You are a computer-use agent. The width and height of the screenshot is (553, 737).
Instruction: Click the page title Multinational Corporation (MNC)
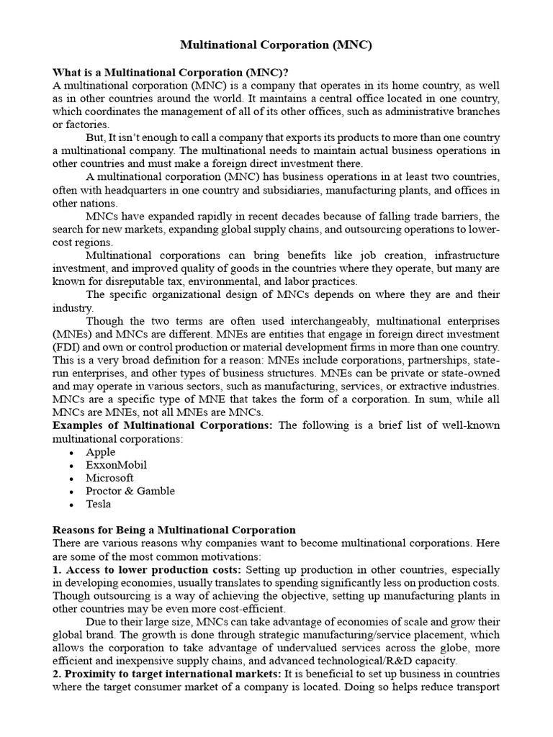click(276, 45)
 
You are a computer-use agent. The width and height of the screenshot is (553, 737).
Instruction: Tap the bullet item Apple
click(100, 452)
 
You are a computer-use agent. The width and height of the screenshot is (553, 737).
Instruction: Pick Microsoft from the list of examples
click(109, 478)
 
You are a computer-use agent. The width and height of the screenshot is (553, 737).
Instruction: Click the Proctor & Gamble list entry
click(130, 491)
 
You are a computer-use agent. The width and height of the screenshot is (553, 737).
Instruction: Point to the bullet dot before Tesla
click(71, 505)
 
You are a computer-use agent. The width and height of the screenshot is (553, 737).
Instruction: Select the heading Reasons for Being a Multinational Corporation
click(174, 530)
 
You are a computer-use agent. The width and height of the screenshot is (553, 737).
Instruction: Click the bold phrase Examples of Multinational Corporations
click(162, 425)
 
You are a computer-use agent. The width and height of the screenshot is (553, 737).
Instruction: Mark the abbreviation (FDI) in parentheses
click(66, 347)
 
